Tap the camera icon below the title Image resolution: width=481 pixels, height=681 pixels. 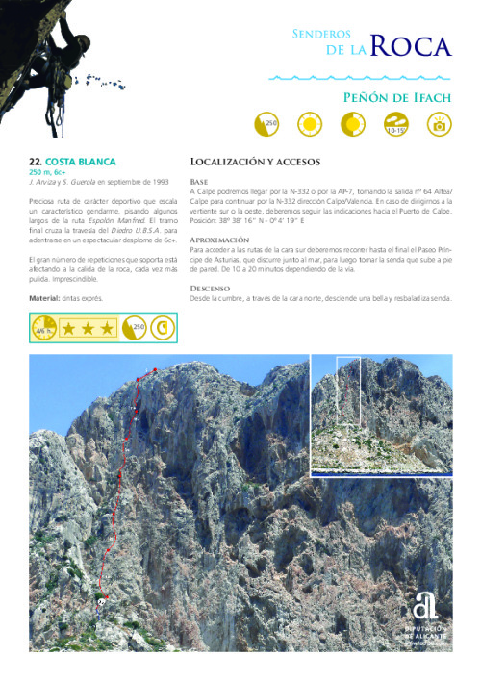(x=441, y=124)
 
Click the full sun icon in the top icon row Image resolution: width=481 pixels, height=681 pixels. (x=309, y=124)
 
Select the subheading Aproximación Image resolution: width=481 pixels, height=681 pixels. (x=220, y=239)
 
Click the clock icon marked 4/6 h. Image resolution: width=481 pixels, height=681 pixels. (x=44, y=329)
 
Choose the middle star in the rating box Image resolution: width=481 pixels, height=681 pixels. (x=88, y=329)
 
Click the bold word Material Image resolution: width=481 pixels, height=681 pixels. (x=45, y=299)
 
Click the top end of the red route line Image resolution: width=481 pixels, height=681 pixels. (x=150, y=369)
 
